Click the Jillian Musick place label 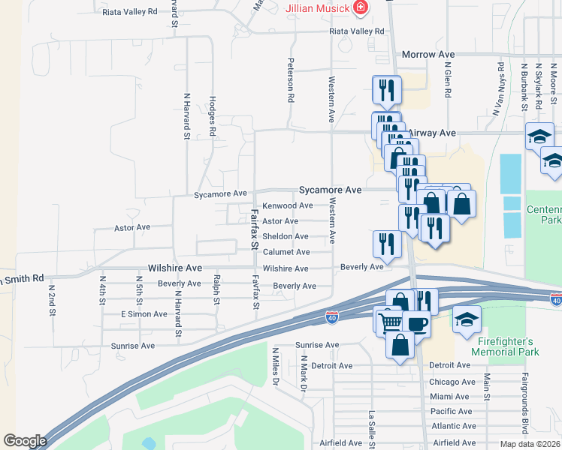pos(318,8)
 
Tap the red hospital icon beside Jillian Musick pos(361,8)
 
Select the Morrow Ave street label pos(429,55)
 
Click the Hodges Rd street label pos(213,115)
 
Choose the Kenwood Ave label pos(287,205)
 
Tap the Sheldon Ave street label pos(285,236)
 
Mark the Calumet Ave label pos(286,252)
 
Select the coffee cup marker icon pos(416,323)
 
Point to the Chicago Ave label pos(452,381)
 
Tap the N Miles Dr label pos(276,366)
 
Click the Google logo pos(25,441)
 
